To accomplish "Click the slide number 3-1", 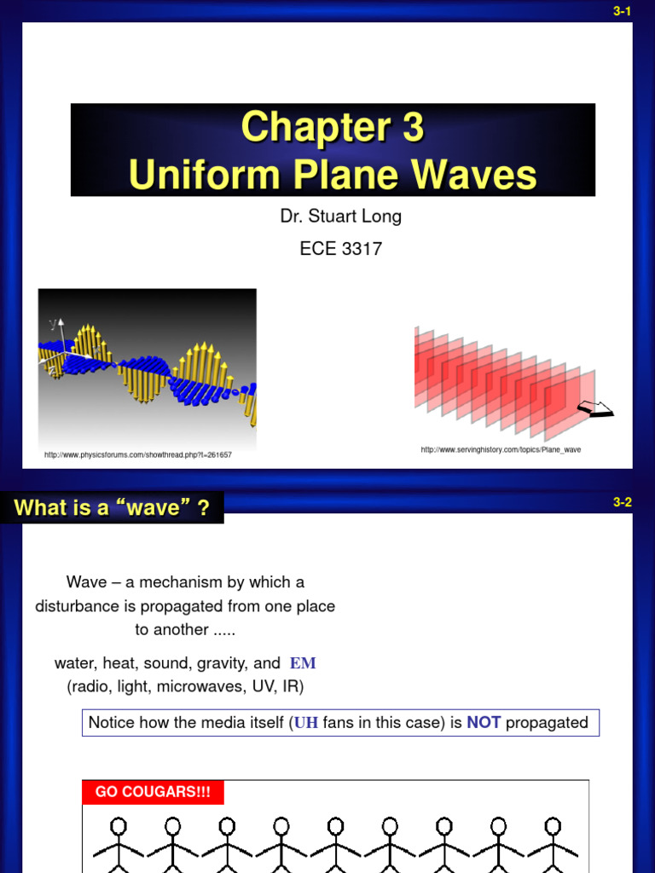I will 622,10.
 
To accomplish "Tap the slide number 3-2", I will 622,502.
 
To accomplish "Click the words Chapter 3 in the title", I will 332,128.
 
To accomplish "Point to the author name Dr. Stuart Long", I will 340,217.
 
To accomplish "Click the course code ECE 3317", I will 340,249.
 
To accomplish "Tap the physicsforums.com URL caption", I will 138,455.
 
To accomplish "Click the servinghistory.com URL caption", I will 501,449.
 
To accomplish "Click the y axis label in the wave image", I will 53,323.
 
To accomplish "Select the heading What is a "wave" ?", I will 112,508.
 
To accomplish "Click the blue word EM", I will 303,663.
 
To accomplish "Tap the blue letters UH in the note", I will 307,723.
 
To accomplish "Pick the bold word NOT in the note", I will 484,723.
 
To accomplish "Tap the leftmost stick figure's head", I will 119,826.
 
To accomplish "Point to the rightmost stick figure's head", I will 553,826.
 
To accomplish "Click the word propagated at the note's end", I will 547,723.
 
